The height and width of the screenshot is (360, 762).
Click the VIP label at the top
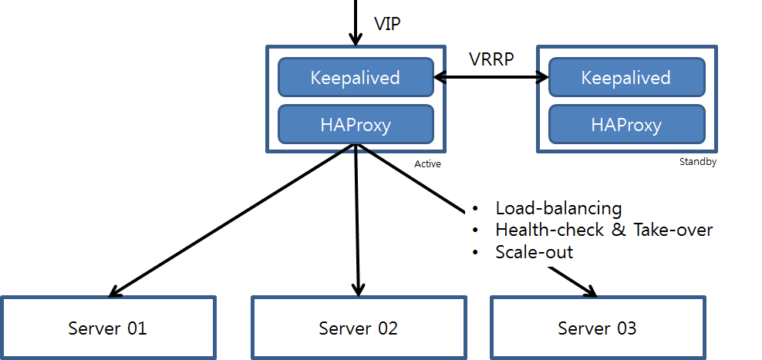pyautogui.click(x=387, y=23)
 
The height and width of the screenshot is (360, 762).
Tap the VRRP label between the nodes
pyautogui.click(x=491, y=59)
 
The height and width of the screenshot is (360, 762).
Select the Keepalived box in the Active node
pyautogui.click(x=356, y=78)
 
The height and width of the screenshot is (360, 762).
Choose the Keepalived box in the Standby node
pyautogui.click(x=626, y=78)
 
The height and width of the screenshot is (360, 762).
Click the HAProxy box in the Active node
pyautogui.click(x=356, y=125)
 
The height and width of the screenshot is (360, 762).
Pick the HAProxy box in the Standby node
pyautogui.click(x=626, y=125)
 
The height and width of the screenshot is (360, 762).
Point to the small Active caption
pyautogui.click(x=427, y=164)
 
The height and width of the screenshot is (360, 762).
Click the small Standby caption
pyautogui.click(x=698, y=162)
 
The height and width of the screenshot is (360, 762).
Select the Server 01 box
pyautogui.click(x=107, y=328)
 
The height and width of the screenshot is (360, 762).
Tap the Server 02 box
pyautogui.click(x=359, y=328)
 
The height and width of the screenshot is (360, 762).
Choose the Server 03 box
pyautogui.click(x=597, y=328)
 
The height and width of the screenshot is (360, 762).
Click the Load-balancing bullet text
pyautogui.click(x=558, y=208)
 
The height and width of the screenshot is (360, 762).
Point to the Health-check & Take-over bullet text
pyautogui.click(x=604, y=230)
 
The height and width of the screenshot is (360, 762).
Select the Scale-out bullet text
pyautogui.click(x=534, y=252)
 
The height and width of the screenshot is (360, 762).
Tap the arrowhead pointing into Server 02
pyautogui.click(x=358, y=291)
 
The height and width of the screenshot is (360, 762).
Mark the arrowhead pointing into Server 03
pyautogui.click(x=590, y=291)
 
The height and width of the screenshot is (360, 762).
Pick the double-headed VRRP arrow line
pyautogui.click(x=491, y=77)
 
